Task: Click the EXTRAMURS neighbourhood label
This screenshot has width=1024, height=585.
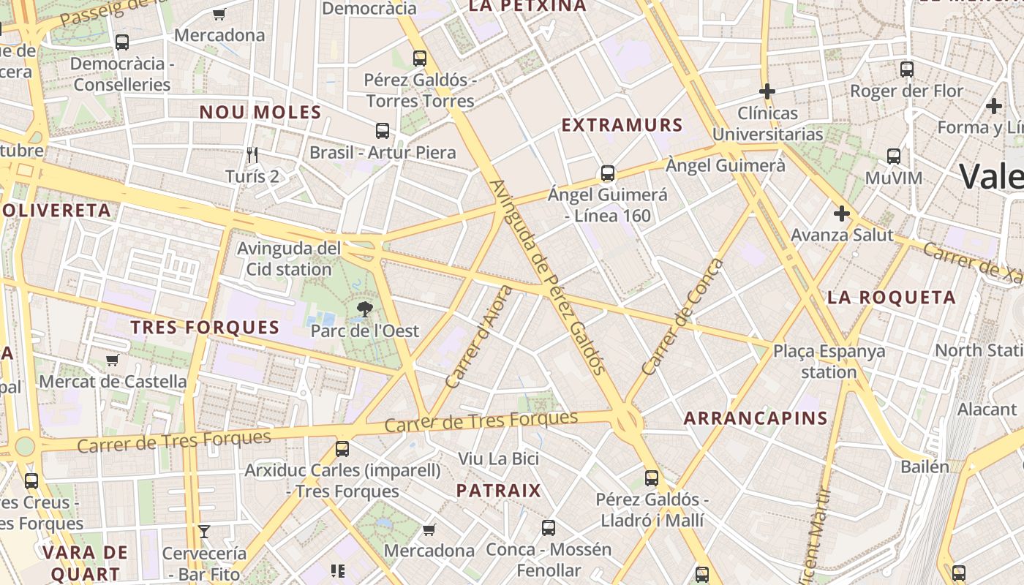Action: click(x=622, y=125)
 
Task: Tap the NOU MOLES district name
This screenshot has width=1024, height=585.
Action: click(x=260, y=113)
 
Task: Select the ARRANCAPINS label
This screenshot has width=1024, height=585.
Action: click(x=756, y=419)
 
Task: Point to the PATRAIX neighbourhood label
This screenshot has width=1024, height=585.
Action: click(x=499, y=491)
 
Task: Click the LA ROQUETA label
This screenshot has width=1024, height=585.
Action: click(x=892, y=298)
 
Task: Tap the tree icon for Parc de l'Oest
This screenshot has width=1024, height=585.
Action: click(x=364, y=311)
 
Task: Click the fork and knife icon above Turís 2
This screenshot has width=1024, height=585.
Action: click(x=252, y=155)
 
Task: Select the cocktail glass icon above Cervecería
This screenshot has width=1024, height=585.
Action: click(x=204, y=532)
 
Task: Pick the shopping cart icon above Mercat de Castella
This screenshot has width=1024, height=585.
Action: click(x=113, y=360)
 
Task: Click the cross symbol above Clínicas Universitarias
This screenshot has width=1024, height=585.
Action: click(x=767, y=91)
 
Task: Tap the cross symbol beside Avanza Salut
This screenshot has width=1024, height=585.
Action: click(x=842, y=214)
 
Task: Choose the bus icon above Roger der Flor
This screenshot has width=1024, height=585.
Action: click(x=907, y=69)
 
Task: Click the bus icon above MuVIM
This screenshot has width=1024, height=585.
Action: click(x=893, y=156)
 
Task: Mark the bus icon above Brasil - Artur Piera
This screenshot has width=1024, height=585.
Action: click(x=382, y=131)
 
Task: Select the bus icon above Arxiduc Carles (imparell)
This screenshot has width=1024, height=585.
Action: click(x=342, y=448)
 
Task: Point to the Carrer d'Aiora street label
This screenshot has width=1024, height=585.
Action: click(x=479, y=337)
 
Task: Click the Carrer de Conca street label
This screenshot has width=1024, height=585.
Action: click(x=682, y=317)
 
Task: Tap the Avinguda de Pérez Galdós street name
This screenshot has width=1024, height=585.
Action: click(x=548, y=277)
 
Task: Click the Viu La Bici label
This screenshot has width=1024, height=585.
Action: click(x=498, y=458)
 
